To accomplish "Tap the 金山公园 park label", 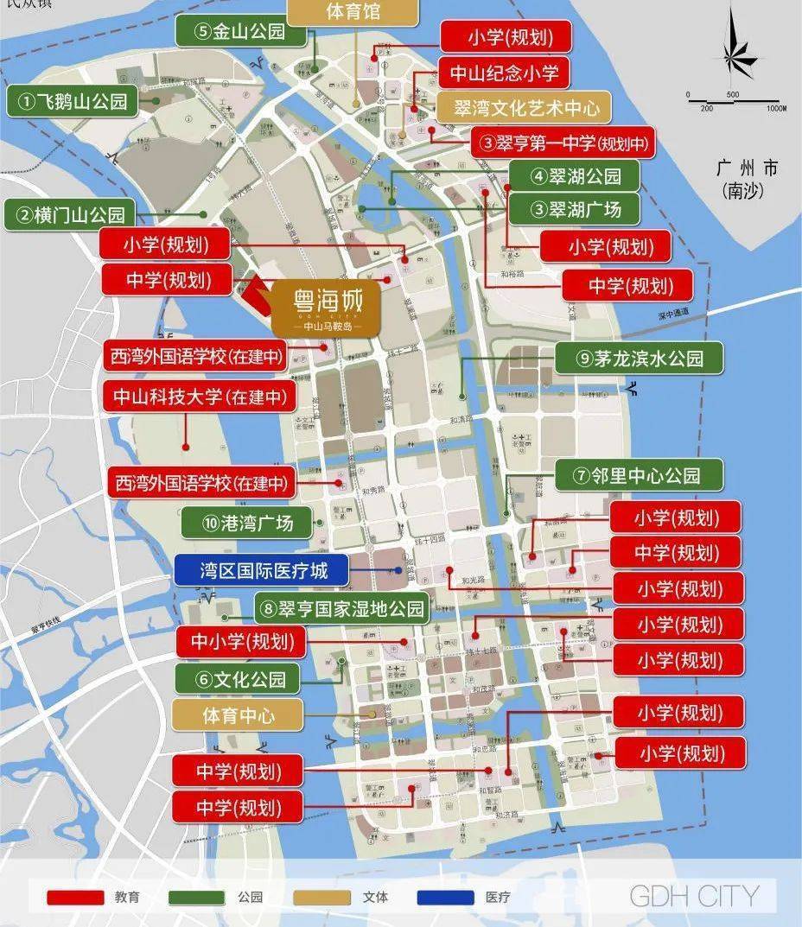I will (x=241, y=32).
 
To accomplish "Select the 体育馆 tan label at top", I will (x=353, y=12).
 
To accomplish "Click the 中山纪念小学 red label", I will (x=504, y=72).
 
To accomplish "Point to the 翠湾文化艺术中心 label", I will (x=522, y=108).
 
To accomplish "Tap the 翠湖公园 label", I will (x=574, y=176).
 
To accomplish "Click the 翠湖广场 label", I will (x=574, y=209).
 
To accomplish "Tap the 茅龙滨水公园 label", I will (x=639, y=359).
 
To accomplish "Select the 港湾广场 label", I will (x=246, y=522).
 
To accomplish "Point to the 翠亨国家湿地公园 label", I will (x=342, y=608).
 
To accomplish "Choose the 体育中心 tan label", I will (x=239, y=715).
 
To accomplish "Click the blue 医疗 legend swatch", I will (x=445, y=897).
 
